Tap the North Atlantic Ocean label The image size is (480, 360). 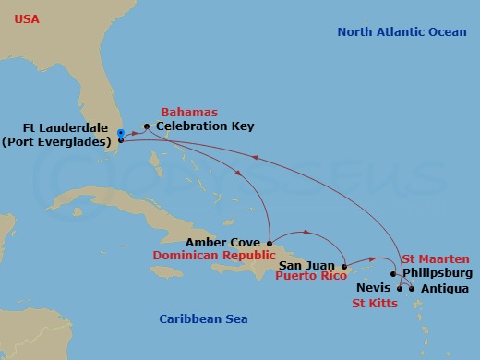tap(402, 31)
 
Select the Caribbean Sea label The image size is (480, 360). tap(203, 319)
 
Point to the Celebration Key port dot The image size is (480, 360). tap(146, 126)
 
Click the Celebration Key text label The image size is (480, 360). tap(205, 126)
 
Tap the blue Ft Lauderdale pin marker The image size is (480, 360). tap(121, 136)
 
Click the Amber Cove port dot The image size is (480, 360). tap(269, 243)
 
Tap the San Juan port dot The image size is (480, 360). tap(343, 265)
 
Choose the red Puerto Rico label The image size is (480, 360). tap(312, 276)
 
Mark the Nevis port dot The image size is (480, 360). tap(400, 288)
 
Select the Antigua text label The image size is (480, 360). tap(443, 288)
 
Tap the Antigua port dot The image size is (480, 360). tap(413, 288)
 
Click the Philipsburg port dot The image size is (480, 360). tap(394, 274)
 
